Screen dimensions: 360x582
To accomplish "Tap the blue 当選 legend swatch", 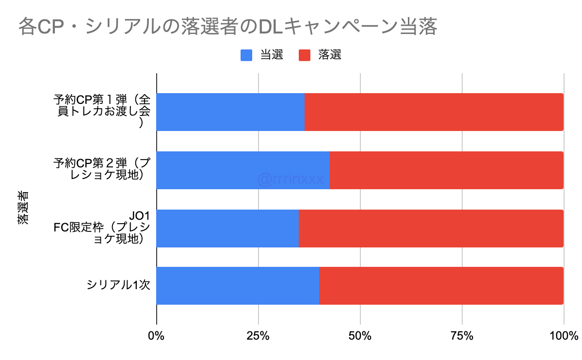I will (x=246, y=55).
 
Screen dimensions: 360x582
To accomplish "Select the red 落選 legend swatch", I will (x=304, y=55).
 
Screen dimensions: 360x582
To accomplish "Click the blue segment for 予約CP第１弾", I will (x=230, y=112).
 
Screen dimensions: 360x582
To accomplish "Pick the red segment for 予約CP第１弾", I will (x=434, y=112).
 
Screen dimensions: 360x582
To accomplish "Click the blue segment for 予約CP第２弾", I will (x=242, y=170).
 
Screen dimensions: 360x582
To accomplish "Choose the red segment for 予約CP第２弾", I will (x=446, y=170).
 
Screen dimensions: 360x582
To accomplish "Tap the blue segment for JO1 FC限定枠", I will (x=227, y=228).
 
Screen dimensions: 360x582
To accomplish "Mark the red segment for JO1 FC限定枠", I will (x=431, y=228).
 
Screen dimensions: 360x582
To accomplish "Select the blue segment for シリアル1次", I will (x=238, y=286).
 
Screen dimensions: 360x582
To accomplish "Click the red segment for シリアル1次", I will (x=441, y=286).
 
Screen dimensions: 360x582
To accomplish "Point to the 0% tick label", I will (x=156, y=336).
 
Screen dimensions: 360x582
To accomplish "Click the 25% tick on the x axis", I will (x=258, y=336).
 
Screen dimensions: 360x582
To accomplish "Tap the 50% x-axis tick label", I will (x=360, y=336).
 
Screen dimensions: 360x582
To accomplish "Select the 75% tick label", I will (x=462, y=336).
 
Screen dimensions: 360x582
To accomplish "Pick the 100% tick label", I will (x=564, y=336).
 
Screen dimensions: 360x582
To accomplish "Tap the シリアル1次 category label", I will (x=118, y=286).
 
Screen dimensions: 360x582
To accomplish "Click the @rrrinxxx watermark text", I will (x=291, y=180).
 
